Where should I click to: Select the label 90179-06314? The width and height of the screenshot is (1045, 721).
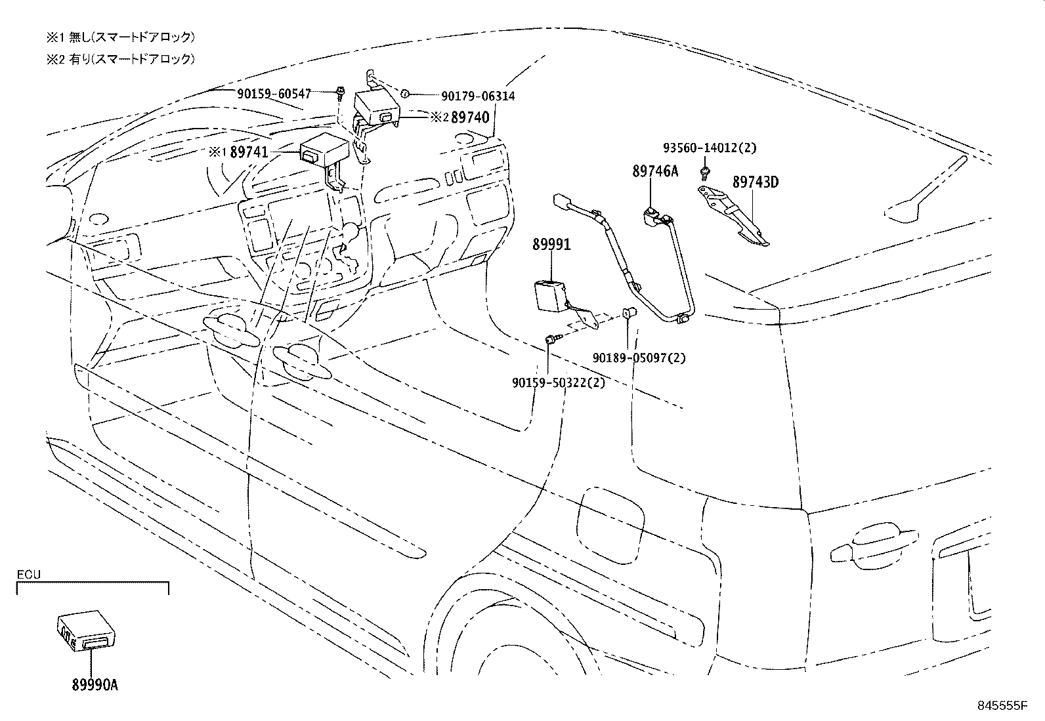pyautogui.click(x=477, y=96)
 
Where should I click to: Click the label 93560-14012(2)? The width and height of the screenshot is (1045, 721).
pyautogui.click(x=709, y=148)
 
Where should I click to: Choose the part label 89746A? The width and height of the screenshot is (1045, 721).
pyautogui.click(x=655, y=172)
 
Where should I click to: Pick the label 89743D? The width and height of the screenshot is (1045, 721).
pyautogui.click(x=755, y=182)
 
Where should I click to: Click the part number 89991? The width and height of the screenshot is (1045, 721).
pyautogui.click(x=551, y=245)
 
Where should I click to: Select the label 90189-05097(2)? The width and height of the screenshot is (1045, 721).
pyautogui.click(x=639, y=358)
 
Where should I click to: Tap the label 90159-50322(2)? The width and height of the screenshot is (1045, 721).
pyautogui.click(x=559, y=382)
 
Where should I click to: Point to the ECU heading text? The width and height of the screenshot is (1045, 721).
pyautogui.click(x=28, y=575)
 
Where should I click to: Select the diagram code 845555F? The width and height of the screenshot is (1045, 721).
pyautogui.click(x=1001, y=706)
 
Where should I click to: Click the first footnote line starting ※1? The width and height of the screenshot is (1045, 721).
pyautogui.click(x=120, y=37)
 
